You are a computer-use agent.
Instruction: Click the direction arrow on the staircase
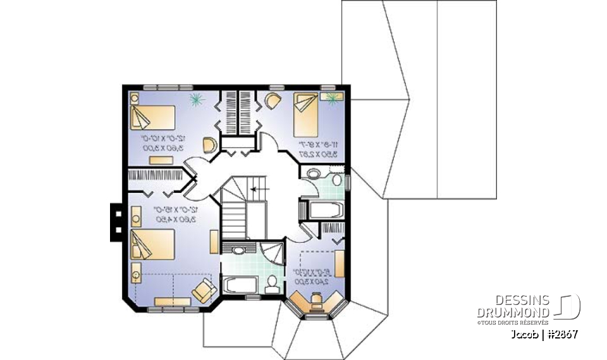[x=255, y=189]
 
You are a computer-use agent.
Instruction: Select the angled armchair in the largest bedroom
[x=204, y=290]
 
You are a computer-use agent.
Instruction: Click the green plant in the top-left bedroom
[x=196, y=99]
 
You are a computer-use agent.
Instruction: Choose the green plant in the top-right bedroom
[x=333, y=96]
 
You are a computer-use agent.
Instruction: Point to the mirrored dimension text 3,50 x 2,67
[x=314, y=153]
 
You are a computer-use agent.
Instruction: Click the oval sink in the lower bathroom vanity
[x=238, y=251]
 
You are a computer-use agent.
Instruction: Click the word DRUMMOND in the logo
[x=512, y=312]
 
